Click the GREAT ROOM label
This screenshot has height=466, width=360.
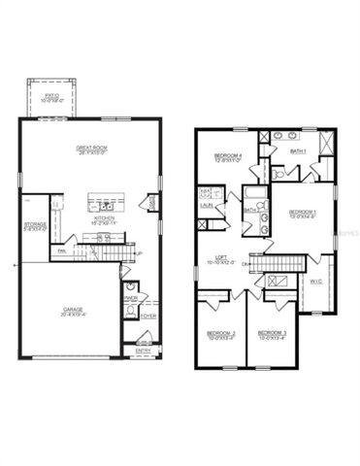tap(90, 150)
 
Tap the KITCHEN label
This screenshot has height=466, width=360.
tap(105, 218)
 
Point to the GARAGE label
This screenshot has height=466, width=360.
tap(74, 312)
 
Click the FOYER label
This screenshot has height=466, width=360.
tap(147, 316)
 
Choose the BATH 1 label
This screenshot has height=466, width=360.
tap(298, 151)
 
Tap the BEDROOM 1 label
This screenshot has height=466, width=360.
tap(303, 213)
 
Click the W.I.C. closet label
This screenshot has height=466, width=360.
tap(314, 282)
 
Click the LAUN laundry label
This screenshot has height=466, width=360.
tap(207, 205)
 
